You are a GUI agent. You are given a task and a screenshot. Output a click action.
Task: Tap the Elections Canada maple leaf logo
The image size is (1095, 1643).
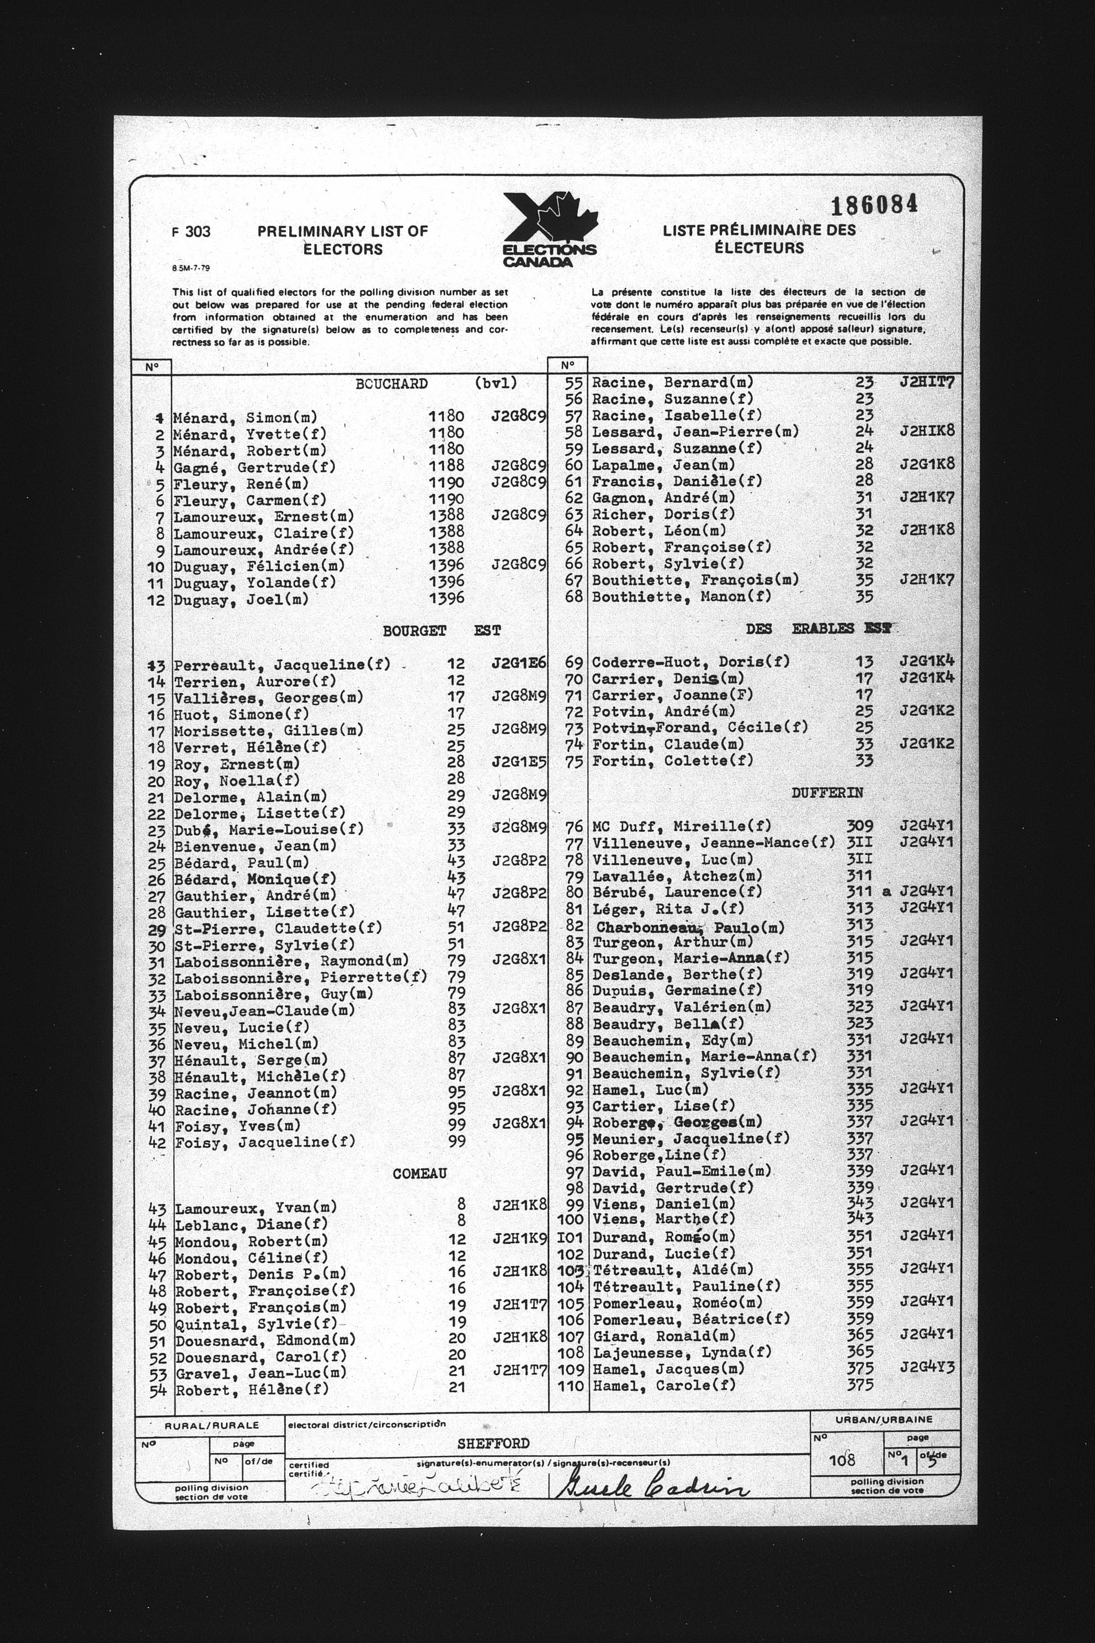pos(550,229)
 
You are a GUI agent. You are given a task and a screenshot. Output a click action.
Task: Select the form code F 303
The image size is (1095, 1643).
pos(190,232)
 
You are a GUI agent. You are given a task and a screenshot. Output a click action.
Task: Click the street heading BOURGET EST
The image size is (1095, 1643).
pos(442,631)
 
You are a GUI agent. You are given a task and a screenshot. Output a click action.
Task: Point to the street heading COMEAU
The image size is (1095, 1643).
pos(419,1174)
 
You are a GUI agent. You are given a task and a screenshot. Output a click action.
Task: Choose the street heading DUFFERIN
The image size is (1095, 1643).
pos(827,793)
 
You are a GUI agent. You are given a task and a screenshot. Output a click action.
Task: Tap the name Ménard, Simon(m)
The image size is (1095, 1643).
pos(245,418)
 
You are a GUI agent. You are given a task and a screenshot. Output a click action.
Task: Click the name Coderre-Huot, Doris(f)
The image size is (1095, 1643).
pos(690,661)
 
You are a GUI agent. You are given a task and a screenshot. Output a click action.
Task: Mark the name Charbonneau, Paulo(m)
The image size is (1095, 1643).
pos(690,928)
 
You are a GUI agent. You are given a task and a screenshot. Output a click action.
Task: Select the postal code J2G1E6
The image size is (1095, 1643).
pos(518,664)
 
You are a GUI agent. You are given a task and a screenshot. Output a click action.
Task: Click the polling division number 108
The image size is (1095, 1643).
pos(842,1460)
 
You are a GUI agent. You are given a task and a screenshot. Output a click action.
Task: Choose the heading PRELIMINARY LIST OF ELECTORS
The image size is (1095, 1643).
pos(342,240)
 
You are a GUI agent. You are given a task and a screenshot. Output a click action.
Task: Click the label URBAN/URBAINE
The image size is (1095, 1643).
pos(884,1420)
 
